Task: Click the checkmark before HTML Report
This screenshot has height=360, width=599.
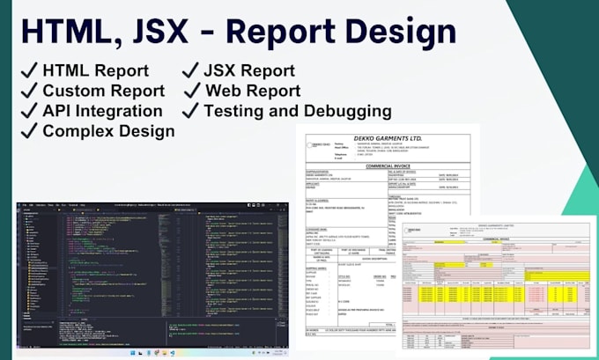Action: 27,70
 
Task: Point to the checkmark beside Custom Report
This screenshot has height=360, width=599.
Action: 27,91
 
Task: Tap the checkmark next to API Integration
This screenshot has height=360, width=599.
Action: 27,111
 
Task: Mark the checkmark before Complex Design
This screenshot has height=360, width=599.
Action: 27,131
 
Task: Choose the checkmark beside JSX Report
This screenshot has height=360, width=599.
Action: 189,70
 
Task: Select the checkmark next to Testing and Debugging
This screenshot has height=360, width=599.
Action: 189,111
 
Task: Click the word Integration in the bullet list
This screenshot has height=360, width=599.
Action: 121,111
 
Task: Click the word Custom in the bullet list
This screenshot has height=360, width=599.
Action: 76,91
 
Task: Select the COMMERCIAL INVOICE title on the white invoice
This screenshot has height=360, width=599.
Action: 388,165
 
